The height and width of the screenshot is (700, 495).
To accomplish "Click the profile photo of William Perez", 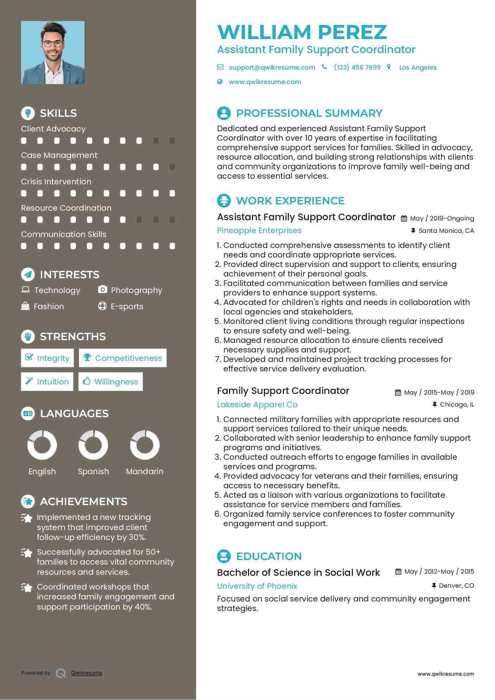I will coord(53,53).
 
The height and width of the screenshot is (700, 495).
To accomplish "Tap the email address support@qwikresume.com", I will coord(272,67).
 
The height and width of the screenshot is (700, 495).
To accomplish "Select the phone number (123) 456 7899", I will coord(357,67).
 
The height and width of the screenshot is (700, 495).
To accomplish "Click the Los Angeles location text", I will coord(418,68).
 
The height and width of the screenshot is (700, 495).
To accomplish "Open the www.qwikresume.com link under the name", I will coord(265,82).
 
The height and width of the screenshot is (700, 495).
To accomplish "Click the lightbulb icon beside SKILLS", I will coord(28,113).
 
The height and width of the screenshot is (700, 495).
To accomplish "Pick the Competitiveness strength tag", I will coord(122,358).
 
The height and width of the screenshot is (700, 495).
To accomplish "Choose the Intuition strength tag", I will coord(47,382).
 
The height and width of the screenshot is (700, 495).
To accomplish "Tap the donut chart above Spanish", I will coord(93,445).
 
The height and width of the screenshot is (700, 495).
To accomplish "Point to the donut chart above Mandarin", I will coord(145,445).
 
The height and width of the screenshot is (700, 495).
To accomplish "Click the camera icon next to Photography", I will coord(102,289).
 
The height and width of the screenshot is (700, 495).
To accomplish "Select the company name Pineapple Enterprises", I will coord(259,230).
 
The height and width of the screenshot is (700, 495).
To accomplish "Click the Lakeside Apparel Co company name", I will coord(257,405).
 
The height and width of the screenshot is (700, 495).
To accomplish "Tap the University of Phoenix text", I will coord(257,586).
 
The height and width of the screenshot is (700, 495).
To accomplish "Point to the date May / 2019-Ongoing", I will coord(442,218).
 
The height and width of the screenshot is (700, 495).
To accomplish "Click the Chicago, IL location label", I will coord(457,405).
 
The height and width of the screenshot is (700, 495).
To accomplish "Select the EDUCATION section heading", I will coord(269,556).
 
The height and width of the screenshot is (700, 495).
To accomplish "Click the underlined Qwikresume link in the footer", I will coord(87,673).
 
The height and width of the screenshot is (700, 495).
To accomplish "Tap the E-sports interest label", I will coord(127,306).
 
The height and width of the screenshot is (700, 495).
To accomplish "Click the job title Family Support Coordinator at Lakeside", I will coord(283,391).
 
